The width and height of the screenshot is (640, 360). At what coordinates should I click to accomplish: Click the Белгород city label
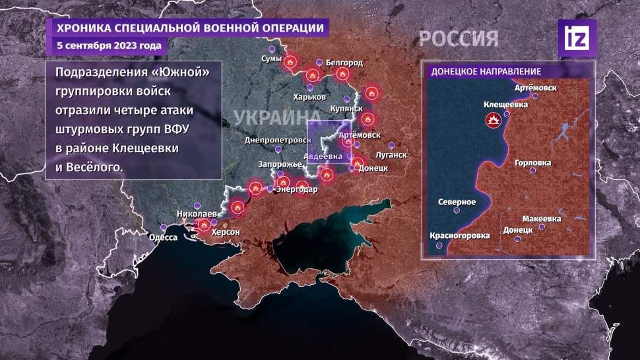tap(344, 63)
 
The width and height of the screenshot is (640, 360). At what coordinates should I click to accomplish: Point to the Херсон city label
tap(225, 233)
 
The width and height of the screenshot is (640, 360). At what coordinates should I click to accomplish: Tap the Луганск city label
tap(391, 155)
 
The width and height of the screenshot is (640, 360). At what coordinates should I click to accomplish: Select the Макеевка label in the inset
tap(541, 218)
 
